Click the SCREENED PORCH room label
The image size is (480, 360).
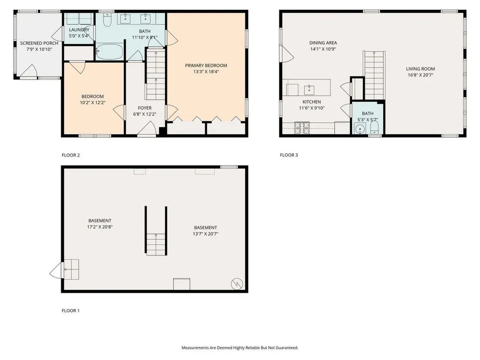[x=39, y=43]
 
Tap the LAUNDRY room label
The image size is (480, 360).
[x=79, y=30]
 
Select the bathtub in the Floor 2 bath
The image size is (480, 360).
[x=110, y=52]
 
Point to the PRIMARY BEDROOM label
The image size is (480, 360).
[x=206, y=66]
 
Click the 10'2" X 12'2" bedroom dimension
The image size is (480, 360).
[x=92, y=103]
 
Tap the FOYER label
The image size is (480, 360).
[x=144, y=108]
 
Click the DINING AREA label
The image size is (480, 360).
[x=323, y=43]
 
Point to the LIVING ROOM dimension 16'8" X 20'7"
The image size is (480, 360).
[x=420, y=75]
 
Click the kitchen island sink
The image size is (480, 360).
[x=310, y=89]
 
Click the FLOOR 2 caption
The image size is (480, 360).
[x=71, y=155]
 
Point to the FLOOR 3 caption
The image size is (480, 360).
[x=289, y=155]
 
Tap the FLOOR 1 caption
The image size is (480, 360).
[x=71, y=311]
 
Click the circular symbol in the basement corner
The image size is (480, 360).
[x=237, y=283]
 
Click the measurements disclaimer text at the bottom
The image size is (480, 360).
[x=240, y=348]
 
